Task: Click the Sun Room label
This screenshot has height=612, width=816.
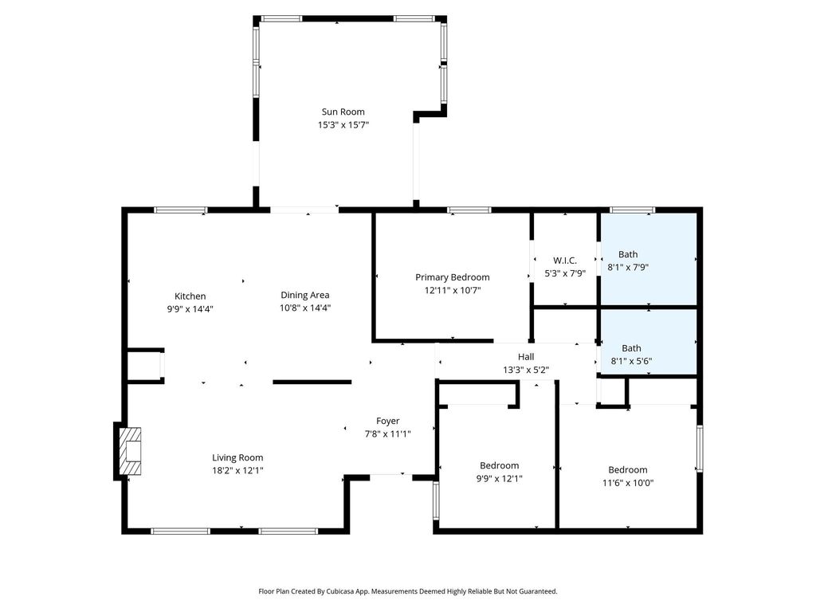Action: pyautogui.click(x=343, y=112)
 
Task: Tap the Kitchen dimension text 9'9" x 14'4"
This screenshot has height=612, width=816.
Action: pyautogui.click(x=190, y=309)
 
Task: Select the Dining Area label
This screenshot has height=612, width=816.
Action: pyautogui.click(x=305, y=295)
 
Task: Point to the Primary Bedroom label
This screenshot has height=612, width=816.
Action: pyautogui.click(x=453, y=277)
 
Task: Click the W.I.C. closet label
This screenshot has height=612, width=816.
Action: pyautogui.click(x=565, y=261)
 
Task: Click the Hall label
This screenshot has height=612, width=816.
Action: pyautogui.click(x=526, y=357)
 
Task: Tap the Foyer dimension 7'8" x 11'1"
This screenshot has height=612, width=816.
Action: pyautogui.click(x=388, y=434)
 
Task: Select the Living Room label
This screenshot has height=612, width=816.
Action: pyautogui.click(x=237, y=458)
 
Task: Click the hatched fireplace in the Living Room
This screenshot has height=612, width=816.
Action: pyautogui.click(x=130, y=451)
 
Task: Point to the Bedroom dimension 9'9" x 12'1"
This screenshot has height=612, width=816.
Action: pyautogui.click(x=499, y=479)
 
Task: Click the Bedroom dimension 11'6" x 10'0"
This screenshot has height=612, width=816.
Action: pyautogui.click(x=628, y=483)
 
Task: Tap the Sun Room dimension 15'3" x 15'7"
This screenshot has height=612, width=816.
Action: pyautogui.click(x=343, y=125)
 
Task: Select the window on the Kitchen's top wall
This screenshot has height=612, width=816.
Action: pyautogui.click(x=181, y=210)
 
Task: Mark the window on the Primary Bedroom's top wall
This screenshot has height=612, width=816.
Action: pyautogui.click(x=469, y=210)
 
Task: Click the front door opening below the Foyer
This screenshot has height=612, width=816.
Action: pyautogui.click(x=390, y=476)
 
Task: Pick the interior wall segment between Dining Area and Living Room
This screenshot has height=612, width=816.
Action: pyautogui.click(x=312, y=382)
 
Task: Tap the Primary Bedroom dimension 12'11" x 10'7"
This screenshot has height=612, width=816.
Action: pyautogui.click(x=453, y=290)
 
